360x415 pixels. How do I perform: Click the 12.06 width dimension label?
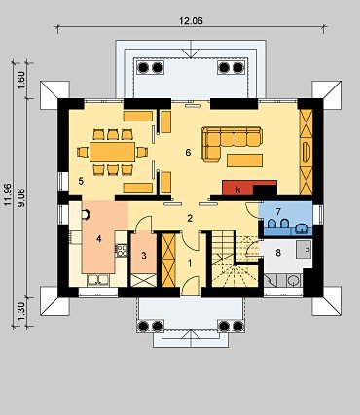point(191,21)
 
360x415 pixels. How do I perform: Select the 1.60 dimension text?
point(21,80)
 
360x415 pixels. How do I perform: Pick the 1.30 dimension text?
point(21,311)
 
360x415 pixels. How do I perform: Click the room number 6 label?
point(188,153)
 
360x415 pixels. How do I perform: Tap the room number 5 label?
point(81,181)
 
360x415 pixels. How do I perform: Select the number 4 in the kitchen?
point(99,239)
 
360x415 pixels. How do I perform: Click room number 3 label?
point(144,256)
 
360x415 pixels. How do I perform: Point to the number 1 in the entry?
point(190,263)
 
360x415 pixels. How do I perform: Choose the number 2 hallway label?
point(190,218)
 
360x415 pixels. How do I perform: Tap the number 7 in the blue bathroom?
point(278,212)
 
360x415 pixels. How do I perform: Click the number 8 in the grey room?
point(278,253)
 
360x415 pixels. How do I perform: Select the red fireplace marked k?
point(237,188)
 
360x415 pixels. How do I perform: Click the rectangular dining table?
point(112,152)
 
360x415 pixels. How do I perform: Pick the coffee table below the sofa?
point(244,160)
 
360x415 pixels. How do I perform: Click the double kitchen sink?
point(98,280)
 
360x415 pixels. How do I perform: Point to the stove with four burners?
point(122,250)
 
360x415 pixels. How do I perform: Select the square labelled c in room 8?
point(304,249)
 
